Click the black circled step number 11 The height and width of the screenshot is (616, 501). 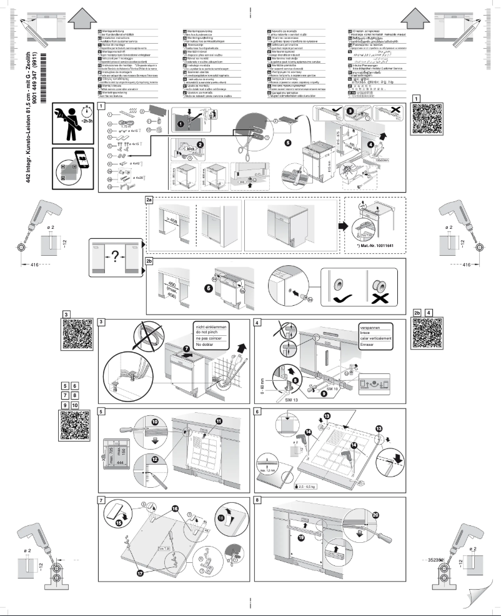[219, 422]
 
